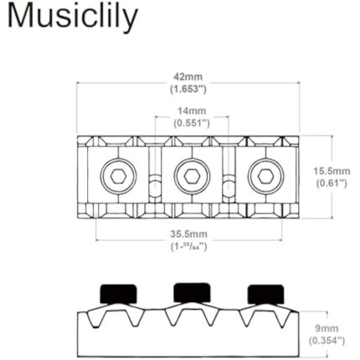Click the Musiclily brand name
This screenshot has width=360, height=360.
pyautogui.click(x=73, y=18)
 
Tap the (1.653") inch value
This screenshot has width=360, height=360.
pyautogui.click(x=188, y=87)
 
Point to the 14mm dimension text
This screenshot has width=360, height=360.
pyautogui.click(x=191, y=110)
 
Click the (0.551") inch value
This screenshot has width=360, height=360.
pyautogui.click(x=191, y=121)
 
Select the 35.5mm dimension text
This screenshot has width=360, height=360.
pyautogui.click(x=188, y=234)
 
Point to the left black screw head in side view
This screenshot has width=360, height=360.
pyautogui.click(x=116, y=293)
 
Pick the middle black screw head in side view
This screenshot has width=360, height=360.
pyautogui.click(x=190, y=292)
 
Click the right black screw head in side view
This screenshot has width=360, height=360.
pyautogui.click(x=264, y=293)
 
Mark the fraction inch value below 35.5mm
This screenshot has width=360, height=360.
pyautogui.click(x=188, y=246)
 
